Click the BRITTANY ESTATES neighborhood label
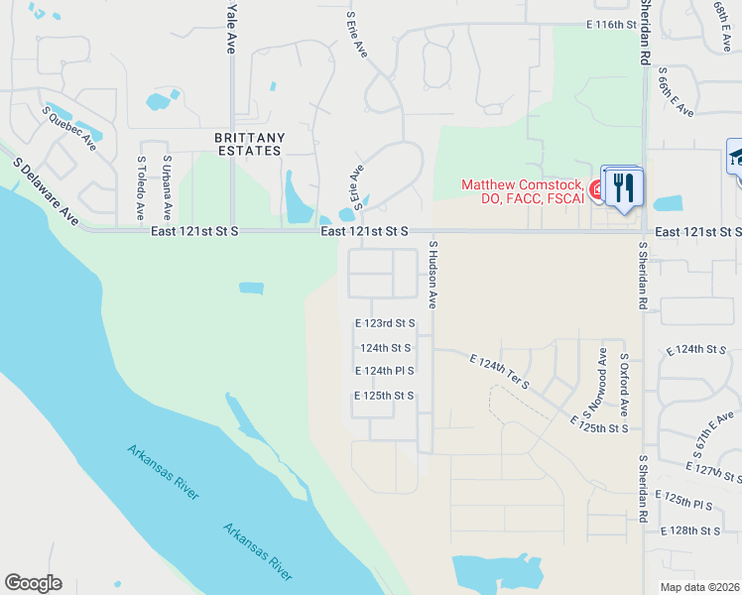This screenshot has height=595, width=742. click(x=250, y=144)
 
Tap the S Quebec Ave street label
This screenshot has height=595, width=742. click(x=68, y=128)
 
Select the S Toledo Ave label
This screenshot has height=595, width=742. click(x=142, y=187)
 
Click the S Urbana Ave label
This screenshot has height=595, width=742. click(x=167, y=187)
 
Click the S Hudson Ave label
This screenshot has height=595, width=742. click(x=433, y=273)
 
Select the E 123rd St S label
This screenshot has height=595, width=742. click(x=384, y=323)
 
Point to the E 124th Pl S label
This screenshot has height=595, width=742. click(x=384, y=371)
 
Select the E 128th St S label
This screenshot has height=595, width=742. click(x=694, y=531)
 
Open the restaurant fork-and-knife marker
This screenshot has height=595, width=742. click(x=623, y=187)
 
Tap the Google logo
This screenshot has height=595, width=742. click(x=34, y=582)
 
